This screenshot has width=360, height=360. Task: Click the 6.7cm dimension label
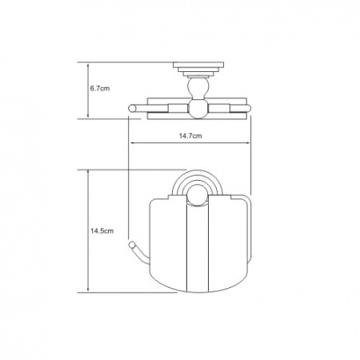coord(100,89)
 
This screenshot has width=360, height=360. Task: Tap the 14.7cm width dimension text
coord(190,136)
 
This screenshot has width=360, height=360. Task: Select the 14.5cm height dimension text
coord(102,231)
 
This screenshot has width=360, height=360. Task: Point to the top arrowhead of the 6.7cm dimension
coord(88,65)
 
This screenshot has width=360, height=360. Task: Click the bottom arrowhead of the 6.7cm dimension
coord(88,116)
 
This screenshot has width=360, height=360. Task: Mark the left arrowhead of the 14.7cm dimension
coord(132,143)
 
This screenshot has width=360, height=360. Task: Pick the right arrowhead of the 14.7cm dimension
coord(247,143)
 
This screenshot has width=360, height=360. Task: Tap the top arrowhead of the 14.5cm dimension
coord(88,172)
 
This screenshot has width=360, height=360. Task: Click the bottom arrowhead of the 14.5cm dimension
coord(88,290)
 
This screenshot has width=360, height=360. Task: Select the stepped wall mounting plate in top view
coord(198,69)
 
